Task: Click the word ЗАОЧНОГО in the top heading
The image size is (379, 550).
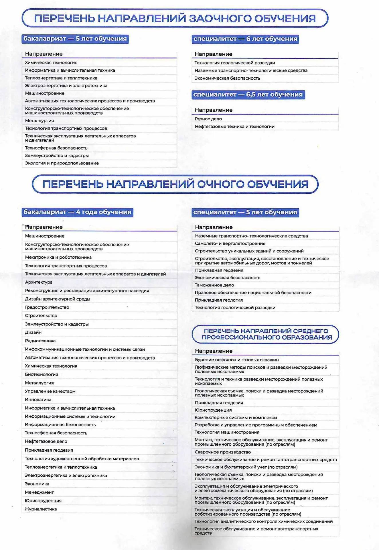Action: coord(220,18)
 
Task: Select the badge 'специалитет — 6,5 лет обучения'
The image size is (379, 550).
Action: coord(248,95)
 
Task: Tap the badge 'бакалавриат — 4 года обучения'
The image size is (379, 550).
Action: coord(77,212)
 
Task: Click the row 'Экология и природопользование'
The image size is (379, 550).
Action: coord(62,163)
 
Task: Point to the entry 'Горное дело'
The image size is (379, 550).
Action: coord(208,119)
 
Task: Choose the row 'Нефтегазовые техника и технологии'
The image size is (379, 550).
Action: coord(235,127)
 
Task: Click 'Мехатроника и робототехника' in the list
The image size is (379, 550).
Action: coord(58,257)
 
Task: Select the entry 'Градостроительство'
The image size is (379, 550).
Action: coord(47,307)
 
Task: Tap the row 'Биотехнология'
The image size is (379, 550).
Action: coord(42,374)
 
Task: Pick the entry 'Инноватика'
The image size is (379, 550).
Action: coord(38,400)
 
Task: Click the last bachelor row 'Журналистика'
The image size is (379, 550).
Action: coord(41,509)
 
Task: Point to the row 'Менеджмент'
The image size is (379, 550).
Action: coord(39,492)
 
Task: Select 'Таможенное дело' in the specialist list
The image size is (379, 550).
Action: coord(214,285)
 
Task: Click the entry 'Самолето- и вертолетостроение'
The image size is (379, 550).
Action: coord(230,243)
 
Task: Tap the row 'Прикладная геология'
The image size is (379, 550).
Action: coord(219,300)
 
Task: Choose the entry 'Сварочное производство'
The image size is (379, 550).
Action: coord(223,452)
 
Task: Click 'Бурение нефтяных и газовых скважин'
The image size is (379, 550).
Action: coord(237,360)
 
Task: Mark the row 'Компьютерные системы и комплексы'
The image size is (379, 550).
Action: coord(236,418)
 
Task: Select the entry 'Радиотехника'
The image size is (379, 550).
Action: coord(40,341)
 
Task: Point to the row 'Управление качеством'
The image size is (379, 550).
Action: coord(50,391)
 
